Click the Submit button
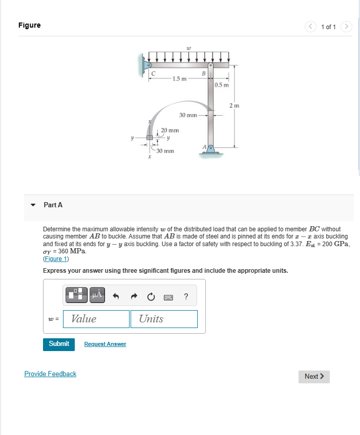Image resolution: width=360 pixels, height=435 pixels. (x=59, y=344)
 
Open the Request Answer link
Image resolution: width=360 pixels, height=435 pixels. (x=105, y=344)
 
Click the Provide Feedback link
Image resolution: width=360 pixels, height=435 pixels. (x=50, y=374)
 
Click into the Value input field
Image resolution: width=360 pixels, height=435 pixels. (x=96, y=319)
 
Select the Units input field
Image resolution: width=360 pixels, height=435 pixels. (x=164, y=319)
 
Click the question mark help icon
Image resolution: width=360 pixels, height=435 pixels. (x=186, y=296)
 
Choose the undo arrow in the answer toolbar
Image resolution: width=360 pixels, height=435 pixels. (x=116, y=296)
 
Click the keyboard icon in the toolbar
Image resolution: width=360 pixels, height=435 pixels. (x=168, y=296)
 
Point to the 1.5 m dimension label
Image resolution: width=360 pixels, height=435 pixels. (x=179, y=78)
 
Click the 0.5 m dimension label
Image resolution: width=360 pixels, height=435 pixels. (x=222, y=85)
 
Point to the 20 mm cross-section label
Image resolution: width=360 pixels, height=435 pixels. (x=170, y=131)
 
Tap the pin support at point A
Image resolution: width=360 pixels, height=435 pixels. (x=210, y=150)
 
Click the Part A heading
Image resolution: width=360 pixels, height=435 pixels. (x=53, y=205)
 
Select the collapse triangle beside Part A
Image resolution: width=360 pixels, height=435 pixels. (x=33, y=205)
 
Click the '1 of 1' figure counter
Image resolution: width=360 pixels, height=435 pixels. (x=328, y=27)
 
